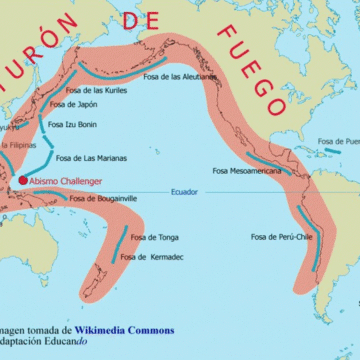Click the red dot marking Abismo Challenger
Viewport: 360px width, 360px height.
[22, 180]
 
